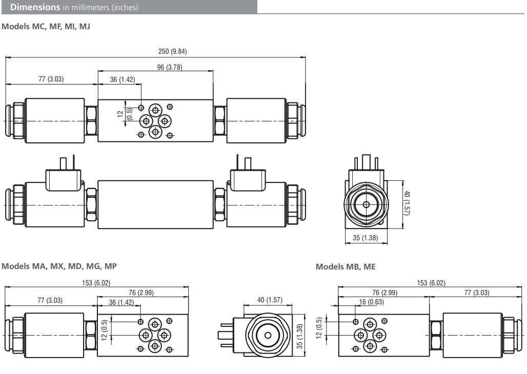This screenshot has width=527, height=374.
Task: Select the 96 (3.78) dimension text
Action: pyautogui.click(x=170, y=68)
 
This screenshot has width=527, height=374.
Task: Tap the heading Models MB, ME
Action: pyautogui.click(x=346, y=267)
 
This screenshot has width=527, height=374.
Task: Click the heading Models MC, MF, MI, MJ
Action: pyautogui.click(x=46, y=26)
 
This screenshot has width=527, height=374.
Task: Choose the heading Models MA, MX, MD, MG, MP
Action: pyautogui.click(x=59, y=266)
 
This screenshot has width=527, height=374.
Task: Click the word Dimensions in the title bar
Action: pyautogui.click(x=35, y=7)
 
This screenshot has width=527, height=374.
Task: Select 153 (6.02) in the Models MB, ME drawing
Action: pyautogui.click(x=431, y=283)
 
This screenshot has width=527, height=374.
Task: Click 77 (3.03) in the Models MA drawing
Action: pyautogui.click(x=50, y=301)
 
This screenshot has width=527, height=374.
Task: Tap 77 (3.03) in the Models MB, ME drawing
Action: pyautogui.click(x=476, y=293)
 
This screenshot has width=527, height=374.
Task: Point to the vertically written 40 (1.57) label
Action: pyautogui.click(x=407, y=203)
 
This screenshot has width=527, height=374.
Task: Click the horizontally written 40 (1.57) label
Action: pyautogui.click(x=269, y=300)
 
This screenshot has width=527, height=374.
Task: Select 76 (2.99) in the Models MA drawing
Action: pyautogui.click(x=141, y=293)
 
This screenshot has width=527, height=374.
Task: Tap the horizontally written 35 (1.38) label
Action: pyautogui.click(x=366, y=238)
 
